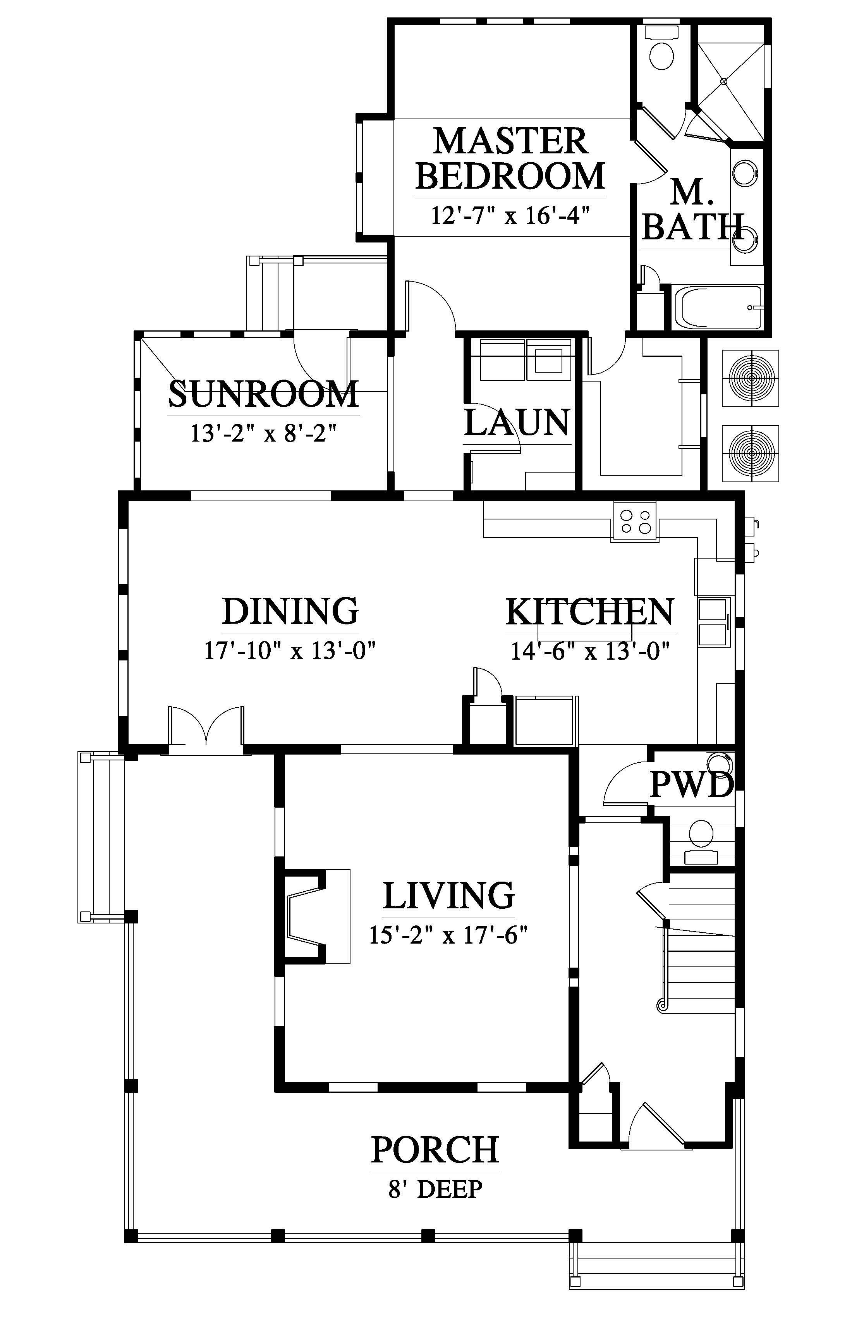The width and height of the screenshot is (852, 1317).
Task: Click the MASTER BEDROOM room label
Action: coord(510,158)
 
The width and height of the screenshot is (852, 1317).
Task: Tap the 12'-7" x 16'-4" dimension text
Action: coord(507,215)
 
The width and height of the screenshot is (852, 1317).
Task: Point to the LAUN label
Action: coord(517,423)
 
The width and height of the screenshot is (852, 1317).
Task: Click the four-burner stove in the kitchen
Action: coord(635,521)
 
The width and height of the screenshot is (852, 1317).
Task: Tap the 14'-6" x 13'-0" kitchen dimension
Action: coord(590,651)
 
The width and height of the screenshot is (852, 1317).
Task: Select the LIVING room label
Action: coord(449,895)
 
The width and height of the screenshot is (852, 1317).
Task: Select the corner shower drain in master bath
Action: coord(724,81)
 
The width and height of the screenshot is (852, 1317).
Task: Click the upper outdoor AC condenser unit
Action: coord(752,378)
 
